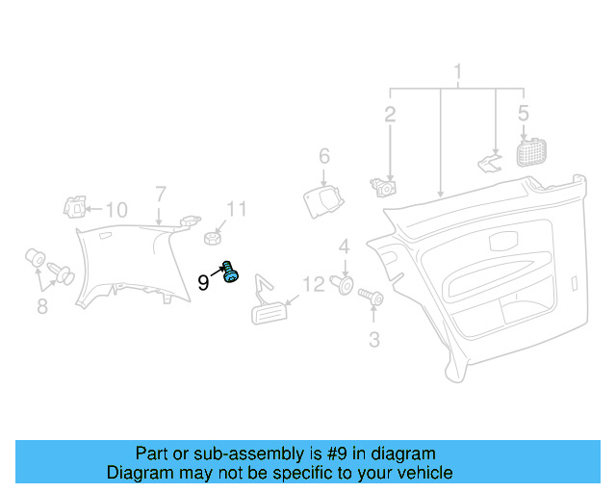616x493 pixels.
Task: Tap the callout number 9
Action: pyautogui.click(x=203, y=282)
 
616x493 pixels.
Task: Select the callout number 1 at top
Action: pyautogui.click(x=458, y=72)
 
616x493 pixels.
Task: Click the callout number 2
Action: pyautogui.click(x=390, y=116)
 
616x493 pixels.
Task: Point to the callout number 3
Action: pyautogui.click(x=523, y=114)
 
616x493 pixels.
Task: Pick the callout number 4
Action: pyautogui.click(x=324, y=156)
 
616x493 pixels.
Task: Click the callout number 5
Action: pyautogui.click(x=161, y=194)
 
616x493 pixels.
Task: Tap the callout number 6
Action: pyautogui.click(x=41, y=307)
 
